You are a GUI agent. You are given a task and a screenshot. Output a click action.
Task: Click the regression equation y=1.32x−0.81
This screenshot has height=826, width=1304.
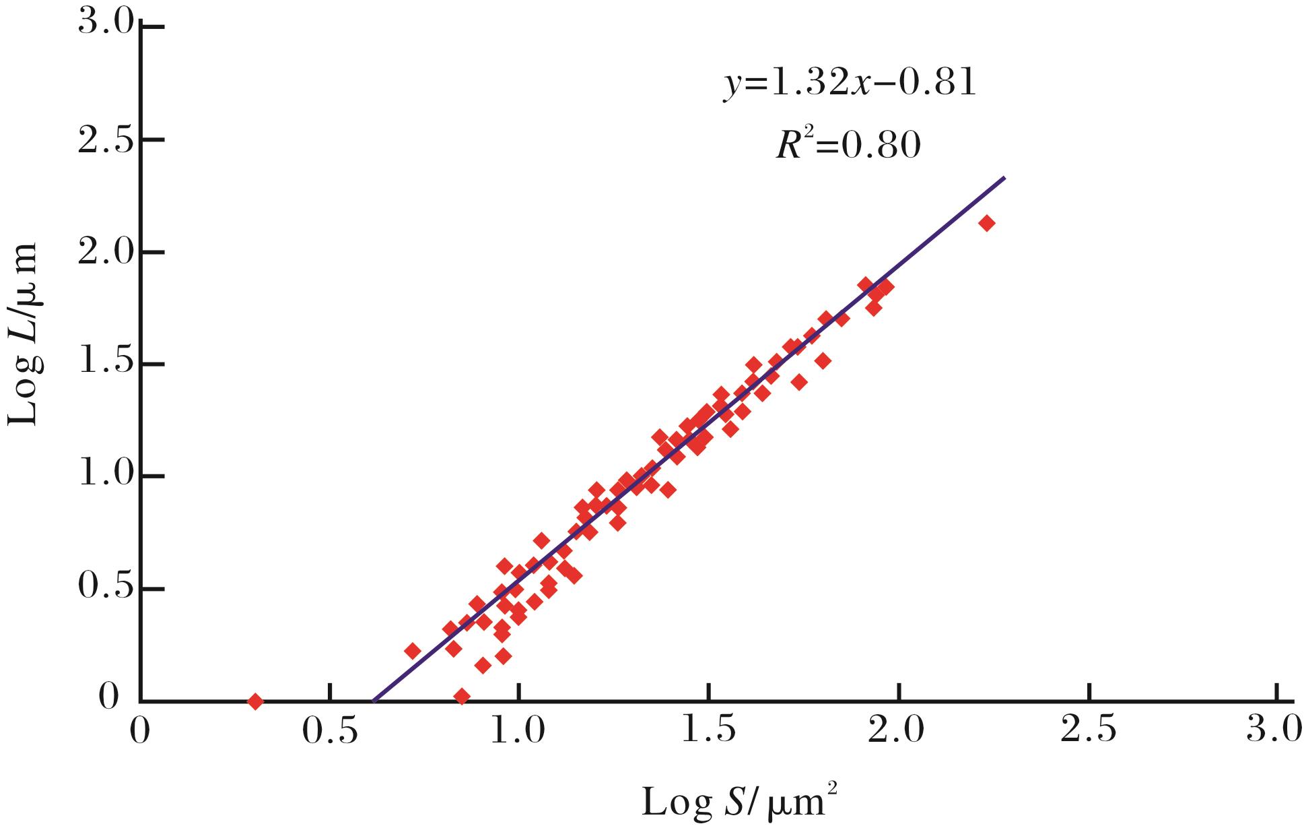[849, 85]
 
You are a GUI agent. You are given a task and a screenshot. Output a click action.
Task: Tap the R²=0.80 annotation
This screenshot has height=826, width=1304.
[848, 144]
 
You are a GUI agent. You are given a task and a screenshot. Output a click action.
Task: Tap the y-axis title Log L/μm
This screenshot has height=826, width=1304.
[26, 335]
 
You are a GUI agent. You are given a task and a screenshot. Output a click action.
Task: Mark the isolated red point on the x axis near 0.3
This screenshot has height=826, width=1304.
[254, 701]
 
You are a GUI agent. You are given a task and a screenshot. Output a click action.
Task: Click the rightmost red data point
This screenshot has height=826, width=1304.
[986, 224]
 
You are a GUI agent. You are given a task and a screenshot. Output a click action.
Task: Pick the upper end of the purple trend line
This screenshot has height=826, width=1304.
[1004, 178]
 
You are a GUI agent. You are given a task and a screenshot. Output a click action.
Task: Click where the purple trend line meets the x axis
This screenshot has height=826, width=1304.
[374, 701]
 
